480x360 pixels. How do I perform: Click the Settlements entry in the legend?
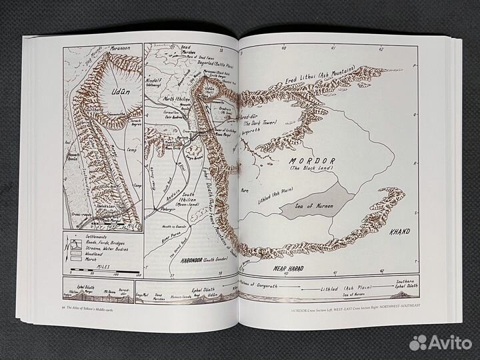point(92,236)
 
